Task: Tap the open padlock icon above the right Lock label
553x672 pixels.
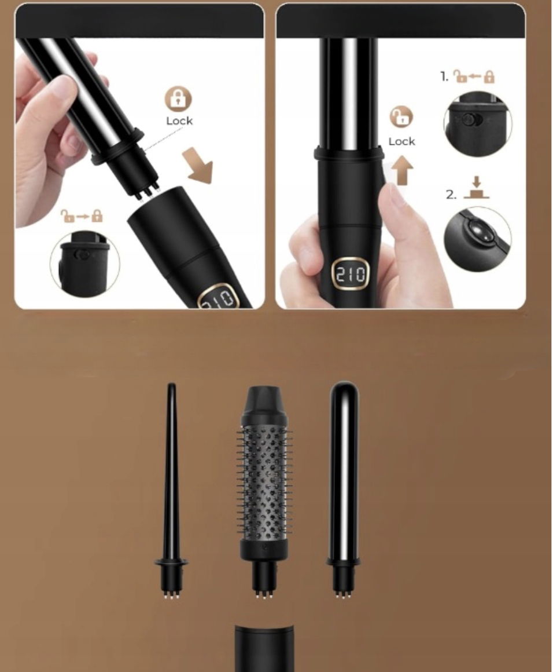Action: [401, 116]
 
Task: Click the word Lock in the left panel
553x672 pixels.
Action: [179, 121]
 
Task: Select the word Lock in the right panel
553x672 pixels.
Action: [401, 141]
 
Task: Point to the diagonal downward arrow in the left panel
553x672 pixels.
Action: [198, 166]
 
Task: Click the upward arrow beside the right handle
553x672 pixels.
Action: [403, 170]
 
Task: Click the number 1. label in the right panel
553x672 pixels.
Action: [445, 76]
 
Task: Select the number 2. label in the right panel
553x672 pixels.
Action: [451, 195]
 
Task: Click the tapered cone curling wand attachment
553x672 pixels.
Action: [171, 491]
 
